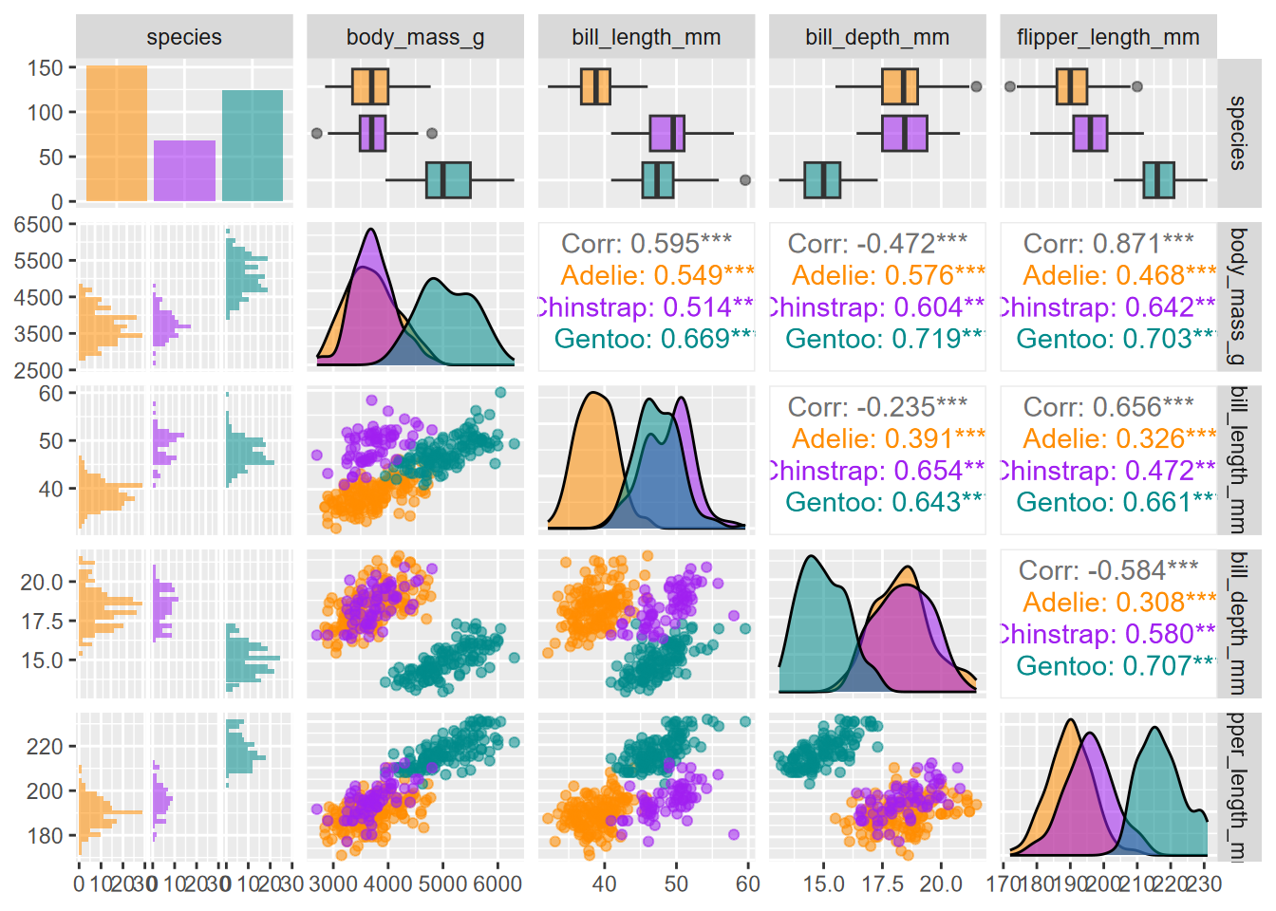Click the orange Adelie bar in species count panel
point(116,133)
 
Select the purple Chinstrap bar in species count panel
point(184,171)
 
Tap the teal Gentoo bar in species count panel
point(253,145)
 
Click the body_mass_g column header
point(415,37)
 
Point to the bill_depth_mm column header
point(877,37)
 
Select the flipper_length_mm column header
point(1108,37)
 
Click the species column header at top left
point(184,37)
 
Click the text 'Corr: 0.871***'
point(1108,244)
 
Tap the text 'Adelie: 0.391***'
point(888,438)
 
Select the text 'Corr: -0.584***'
point(1108,570)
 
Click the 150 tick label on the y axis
point(45,68)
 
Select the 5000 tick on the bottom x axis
point(443,883)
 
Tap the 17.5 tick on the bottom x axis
point(882,883)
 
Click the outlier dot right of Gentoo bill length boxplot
point(745,180)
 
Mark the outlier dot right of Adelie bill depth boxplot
point(976,86)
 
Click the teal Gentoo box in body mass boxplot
point(448,180)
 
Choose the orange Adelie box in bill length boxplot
point(595,86)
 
